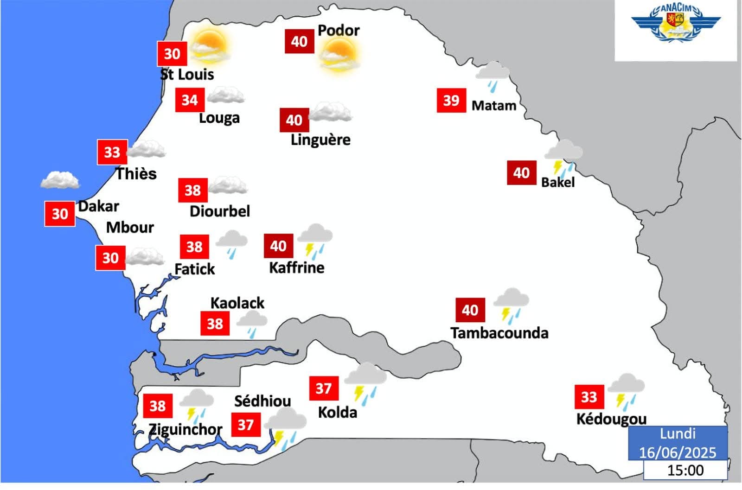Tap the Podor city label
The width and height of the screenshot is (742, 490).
[x=339, y=31]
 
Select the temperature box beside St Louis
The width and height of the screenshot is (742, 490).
[x=172, y=54]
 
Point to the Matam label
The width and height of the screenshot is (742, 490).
[x=494, y=106]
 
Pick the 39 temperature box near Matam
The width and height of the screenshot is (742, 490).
[x=451, y=101]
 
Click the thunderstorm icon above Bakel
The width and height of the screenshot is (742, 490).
[x=563, y=156]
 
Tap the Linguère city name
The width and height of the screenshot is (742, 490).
[x=320, y=140]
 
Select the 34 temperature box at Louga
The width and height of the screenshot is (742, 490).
[x=190, y=100]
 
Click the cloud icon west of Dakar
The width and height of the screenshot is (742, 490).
[x=59, y=180]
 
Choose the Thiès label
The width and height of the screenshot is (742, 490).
[x=136, y=174]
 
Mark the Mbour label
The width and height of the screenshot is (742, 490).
[x=130, y=228]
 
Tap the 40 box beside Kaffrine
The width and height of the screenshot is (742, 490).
[x=278, y=246]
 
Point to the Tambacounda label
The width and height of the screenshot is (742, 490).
[x=499, y=333]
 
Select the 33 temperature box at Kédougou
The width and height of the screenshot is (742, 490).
[x=589, y=397]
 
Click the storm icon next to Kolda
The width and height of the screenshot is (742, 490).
[x=365, y=381]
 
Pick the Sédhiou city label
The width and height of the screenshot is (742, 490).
[x=262, y=401]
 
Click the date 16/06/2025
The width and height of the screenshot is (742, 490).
[x=678, y=452]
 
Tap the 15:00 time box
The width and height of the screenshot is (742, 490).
[x=685, y=471]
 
